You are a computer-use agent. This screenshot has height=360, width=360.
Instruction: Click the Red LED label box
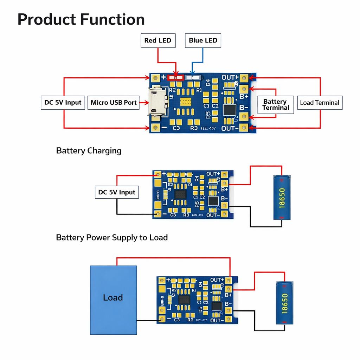pyautogui.click(x=157, y=40)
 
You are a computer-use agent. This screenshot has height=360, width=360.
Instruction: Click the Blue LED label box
pyautogui.click(x=203, y=40)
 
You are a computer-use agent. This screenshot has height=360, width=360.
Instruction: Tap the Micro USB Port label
pyautogui.click(x=114, y=103)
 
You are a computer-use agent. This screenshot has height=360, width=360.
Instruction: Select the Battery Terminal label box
pyautogui.click(x=276, y=104)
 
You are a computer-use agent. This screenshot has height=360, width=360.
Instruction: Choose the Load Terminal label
pyautogui.click(x=319, y=103)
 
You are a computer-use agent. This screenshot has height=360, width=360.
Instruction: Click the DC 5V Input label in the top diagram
pyautogui.click(x=63, y=103)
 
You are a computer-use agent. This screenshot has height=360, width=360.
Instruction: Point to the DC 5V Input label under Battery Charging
pyautogui.click(x=117, y=192)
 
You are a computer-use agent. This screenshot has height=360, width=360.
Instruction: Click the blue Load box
pyautogui.click(x=113, y=300)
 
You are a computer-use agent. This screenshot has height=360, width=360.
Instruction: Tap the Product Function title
pyautogui.click(x=81, y=19)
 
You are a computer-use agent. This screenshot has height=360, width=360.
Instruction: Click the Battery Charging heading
pyautogui.click(x=89, y=151)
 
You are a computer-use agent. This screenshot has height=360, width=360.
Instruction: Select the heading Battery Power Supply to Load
pyautogui.click(x=112, y=238)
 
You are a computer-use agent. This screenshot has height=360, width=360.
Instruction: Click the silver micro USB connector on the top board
pyautogui.click(x=156, y=102)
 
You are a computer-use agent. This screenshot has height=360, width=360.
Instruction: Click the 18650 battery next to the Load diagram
pyautogui.click(x=284, y=303)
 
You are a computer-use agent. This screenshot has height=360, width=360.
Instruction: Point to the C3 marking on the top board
pyautogui.click(x=176, y=128)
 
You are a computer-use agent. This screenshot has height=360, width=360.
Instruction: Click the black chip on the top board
pyautogui.click(x=230, y=110)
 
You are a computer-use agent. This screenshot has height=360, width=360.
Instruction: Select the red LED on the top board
pyautogui.click(x=175, y=77)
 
